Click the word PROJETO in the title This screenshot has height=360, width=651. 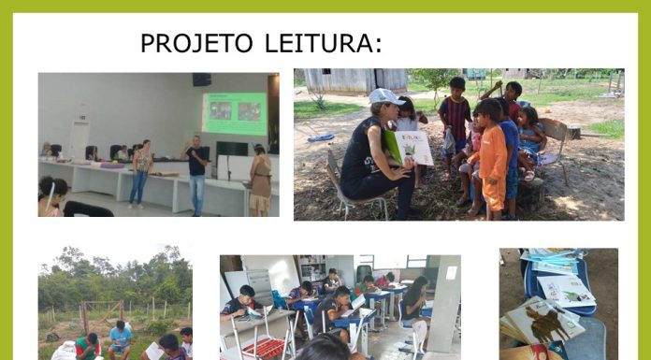196,43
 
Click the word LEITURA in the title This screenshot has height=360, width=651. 323,43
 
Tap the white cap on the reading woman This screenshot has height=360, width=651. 385,96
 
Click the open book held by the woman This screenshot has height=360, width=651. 410,148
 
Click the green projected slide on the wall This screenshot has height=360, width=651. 235,113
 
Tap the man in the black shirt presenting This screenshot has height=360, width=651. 196,174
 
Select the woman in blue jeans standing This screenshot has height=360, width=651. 140,174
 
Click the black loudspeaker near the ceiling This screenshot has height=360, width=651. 201,79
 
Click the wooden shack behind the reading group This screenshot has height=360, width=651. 355,81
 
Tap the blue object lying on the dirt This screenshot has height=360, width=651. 321,137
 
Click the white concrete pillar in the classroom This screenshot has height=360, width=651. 443,303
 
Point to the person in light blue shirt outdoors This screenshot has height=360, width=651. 120,339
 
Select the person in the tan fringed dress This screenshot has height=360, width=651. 260,181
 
